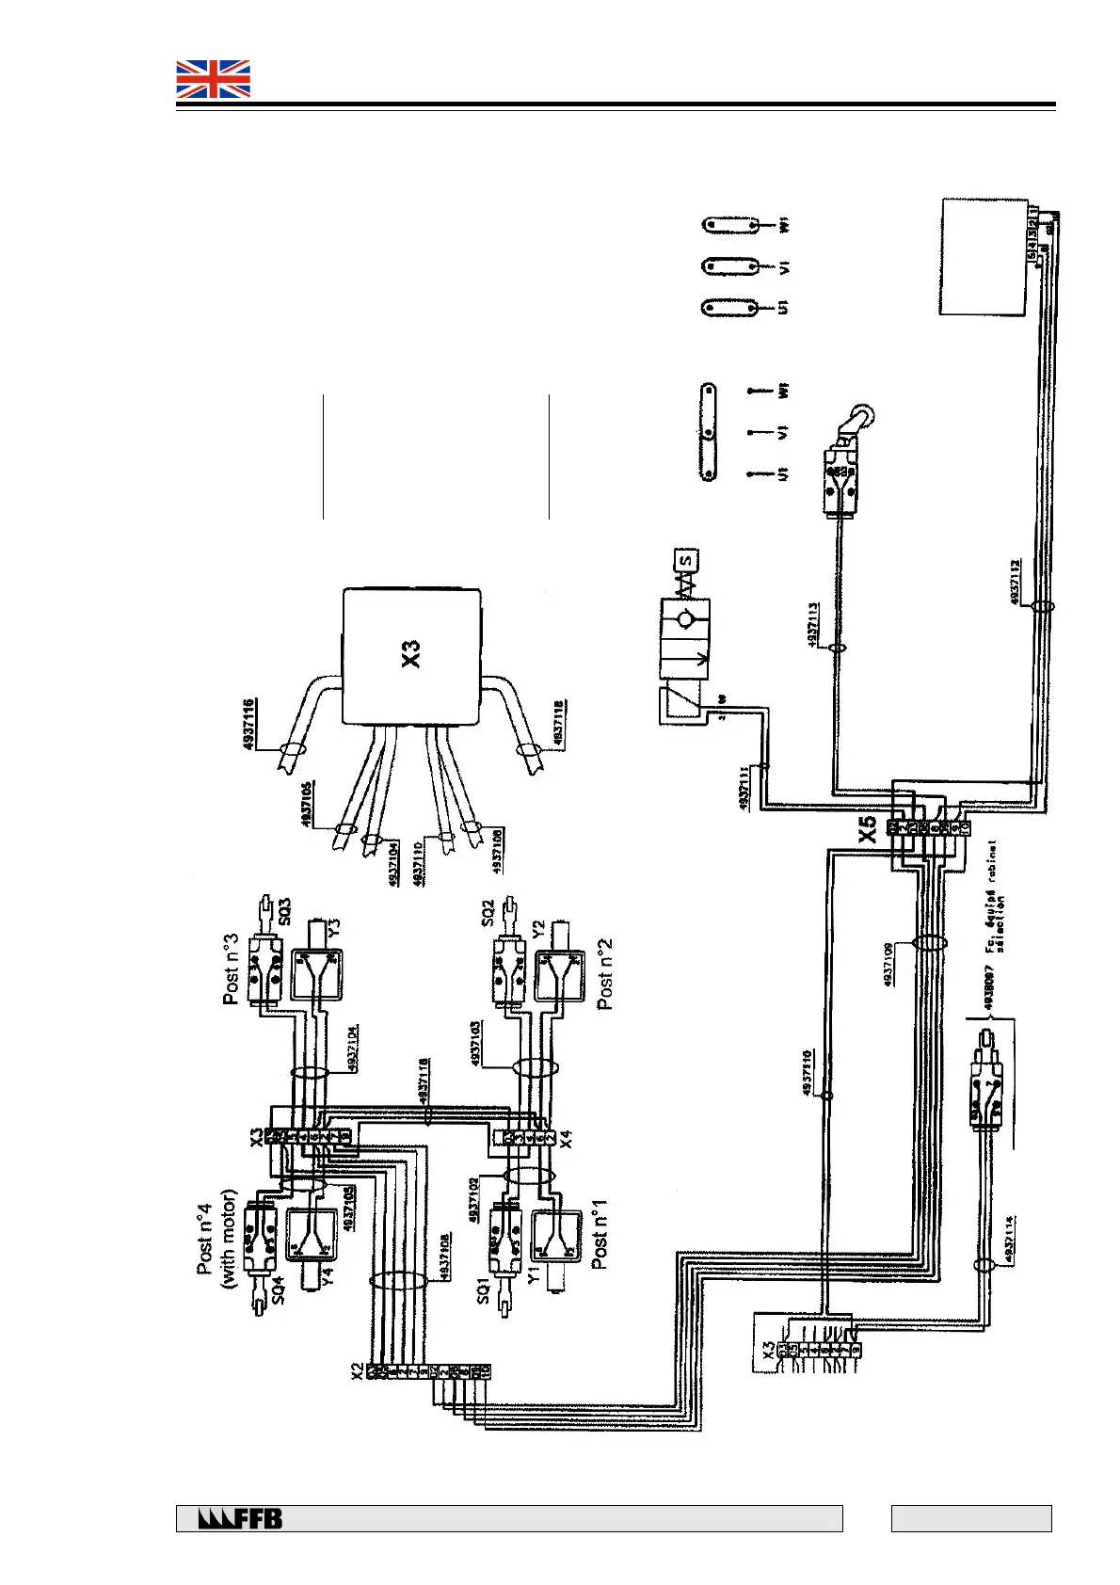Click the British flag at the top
[214, 79]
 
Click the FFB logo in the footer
[241, 1518]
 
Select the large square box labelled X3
[411, 655]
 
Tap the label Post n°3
[231, 969]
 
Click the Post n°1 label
[600, 1239]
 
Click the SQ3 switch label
[285, 910]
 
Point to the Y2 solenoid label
[538, 929]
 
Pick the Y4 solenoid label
[328, 1277]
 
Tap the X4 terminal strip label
[564, 1141]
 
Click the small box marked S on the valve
[686, 560]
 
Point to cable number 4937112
[1016, 584]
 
